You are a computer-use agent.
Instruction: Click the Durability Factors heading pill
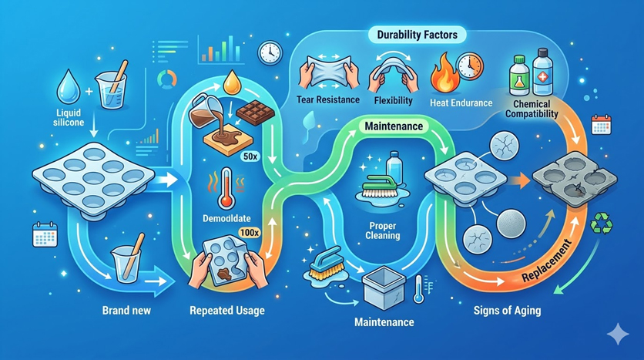417,35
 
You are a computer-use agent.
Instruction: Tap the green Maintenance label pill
394,126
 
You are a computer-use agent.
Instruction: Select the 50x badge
251,156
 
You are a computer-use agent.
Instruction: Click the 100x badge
250,233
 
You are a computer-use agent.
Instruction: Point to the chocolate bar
256,112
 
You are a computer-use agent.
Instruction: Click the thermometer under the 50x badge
226,188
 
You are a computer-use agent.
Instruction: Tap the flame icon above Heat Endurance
444,72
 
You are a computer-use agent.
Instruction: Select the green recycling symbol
602,224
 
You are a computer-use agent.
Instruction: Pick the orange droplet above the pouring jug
231,82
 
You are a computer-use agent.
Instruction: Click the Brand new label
126,310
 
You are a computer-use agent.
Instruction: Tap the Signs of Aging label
507,310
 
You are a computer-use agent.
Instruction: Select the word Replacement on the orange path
547,261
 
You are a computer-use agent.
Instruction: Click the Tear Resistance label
327,100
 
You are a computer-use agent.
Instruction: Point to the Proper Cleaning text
383,231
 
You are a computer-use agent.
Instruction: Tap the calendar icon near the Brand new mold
45,234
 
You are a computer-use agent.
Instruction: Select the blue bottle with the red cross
543,72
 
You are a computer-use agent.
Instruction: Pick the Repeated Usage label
227,311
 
